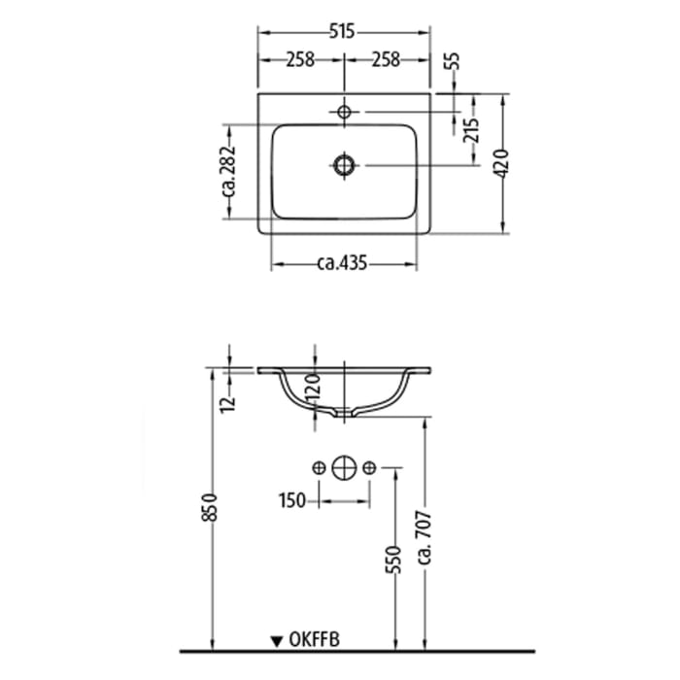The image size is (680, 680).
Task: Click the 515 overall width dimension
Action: (x=340, y=32)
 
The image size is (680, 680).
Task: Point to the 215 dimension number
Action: (x=469, y=130)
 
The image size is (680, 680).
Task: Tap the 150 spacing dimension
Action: (x=292, y=500)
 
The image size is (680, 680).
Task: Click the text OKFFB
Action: (x=314, y=639)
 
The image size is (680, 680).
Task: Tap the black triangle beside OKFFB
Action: (x=277, y=640)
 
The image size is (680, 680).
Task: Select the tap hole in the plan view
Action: (x=343, y=114)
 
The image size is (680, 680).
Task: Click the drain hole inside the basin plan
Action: (x=343, y=165)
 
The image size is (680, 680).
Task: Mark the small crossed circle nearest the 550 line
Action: (x=368, y=469)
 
